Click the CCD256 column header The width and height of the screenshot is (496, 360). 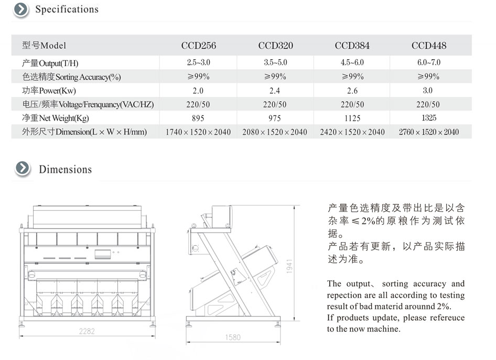pos(199,46)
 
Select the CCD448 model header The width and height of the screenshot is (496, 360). pos(429,46)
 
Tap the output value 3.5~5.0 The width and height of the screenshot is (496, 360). pos(275,62)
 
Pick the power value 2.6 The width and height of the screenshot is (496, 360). pos(352,91)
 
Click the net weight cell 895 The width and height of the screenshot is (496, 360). pos(198,118)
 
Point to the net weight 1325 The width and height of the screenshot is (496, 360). pos(429,118)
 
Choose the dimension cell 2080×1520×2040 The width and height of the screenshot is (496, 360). pos(275,132)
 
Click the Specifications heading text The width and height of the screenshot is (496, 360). pos(67,9)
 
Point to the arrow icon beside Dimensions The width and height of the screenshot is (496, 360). pos(23,168)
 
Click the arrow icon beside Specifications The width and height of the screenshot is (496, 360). pos(21,9)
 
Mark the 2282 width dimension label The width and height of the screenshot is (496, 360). pos(87,331)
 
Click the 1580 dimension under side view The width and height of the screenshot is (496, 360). pos(233,337)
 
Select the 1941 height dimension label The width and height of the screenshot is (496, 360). pos(289,266)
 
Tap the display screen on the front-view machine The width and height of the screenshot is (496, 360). pos(103,254)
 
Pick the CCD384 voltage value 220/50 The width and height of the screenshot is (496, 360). pos(352,104)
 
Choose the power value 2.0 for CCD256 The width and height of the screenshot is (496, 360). pos(198,91)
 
